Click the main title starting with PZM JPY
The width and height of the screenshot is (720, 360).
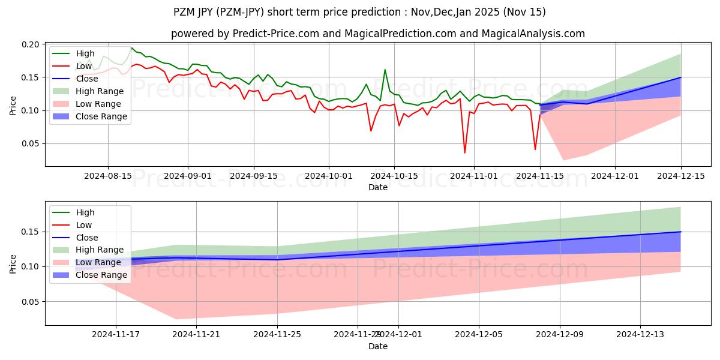point(360,12)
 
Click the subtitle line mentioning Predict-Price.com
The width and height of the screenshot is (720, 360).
point(378,34)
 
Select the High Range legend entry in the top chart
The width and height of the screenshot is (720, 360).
point(99,91)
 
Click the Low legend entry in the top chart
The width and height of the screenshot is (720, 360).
point(83,66)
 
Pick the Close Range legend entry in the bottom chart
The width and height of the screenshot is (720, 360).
point(101,275)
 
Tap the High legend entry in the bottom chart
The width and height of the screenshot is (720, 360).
point(85,212)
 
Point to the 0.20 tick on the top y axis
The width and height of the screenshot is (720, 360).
point(31,44)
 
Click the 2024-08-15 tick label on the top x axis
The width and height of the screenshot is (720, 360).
point(108,176)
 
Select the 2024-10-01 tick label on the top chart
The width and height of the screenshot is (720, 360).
point(328,176)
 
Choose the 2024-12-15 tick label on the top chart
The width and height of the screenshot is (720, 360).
point(680,176)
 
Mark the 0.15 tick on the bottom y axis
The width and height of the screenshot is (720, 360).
point(31,232)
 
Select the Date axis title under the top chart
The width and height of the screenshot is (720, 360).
point(378,187)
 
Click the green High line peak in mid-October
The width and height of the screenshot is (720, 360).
point(385,70)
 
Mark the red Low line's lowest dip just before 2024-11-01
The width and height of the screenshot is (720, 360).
point(464,153)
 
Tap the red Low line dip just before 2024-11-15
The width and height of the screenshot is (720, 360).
point(535,149)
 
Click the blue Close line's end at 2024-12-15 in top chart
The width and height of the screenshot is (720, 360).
point(680,77)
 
